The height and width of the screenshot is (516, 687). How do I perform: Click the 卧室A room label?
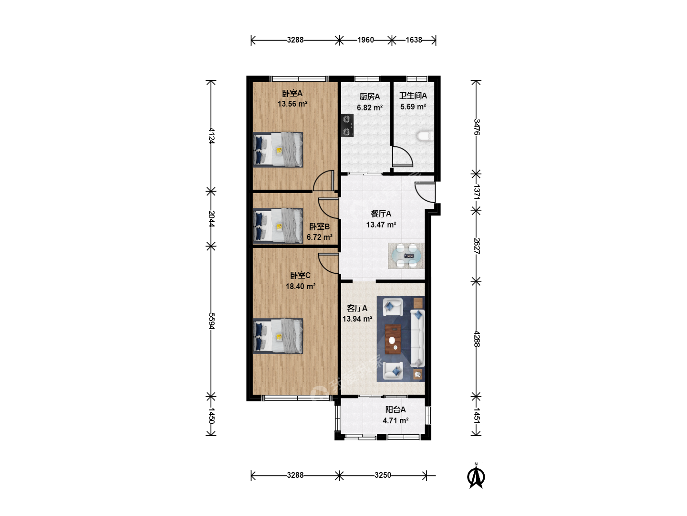[292, 93]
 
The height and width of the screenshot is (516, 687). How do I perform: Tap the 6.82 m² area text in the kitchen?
[370, 107]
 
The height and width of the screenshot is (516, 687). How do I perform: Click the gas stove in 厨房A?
[347, 125]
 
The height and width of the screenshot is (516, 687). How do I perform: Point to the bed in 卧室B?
[278, 226]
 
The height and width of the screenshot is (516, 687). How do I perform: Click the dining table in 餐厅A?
[406, 256]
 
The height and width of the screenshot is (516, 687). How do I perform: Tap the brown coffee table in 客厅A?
[393, 339]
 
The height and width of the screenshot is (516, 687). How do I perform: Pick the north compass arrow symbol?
[476, 476]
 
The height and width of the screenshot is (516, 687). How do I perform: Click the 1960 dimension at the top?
[365, 40]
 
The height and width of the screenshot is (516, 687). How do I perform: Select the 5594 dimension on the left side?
[211, 321]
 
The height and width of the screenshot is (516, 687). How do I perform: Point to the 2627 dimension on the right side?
[476, 246]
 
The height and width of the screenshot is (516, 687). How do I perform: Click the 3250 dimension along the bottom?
[383, 475]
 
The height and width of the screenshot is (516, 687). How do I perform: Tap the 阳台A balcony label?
[396, 409]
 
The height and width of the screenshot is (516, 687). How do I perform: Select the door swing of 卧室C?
[329, 263]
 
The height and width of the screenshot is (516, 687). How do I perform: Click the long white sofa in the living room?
[417, 338]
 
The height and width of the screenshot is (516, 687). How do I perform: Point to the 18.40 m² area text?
[301, 286]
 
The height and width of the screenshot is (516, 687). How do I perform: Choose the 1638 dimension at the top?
[414, 40]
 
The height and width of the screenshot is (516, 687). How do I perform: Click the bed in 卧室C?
[278, 336]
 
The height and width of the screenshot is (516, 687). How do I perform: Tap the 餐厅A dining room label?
[381, 214]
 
